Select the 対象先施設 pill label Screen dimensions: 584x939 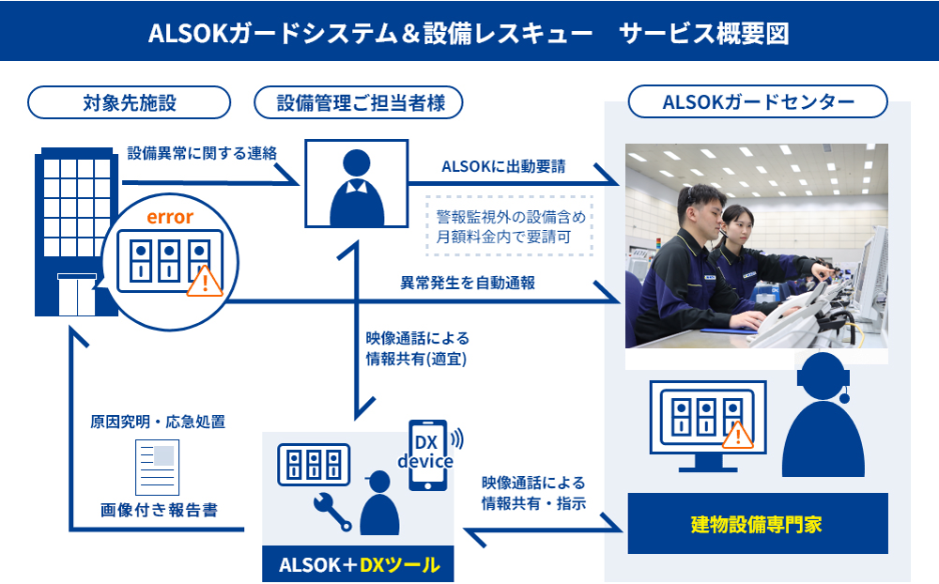[130, 102]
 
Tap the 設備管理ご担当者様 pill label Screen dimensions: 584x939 [360, 102]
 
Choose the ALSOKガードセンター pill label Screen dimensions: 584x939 [758, 102]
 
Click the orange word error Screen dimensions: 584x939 [169, 218]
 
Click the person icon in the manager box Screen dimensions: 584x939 [356, 185]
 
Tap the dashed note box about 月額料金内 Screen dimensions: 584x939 [510, 226]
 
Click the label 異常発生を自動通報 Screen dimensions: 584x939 [468, 282]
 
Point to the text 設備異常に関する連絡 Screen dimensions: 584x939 [202, 152]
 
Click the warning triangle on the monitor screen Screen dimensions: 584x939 [738, 435]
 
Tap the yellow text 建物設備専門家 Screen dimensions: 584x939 [756, 524]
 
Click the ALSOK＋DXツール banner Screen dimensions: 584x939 [359, 564]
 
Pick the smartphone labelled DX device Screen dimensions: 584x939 [427, 454]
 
